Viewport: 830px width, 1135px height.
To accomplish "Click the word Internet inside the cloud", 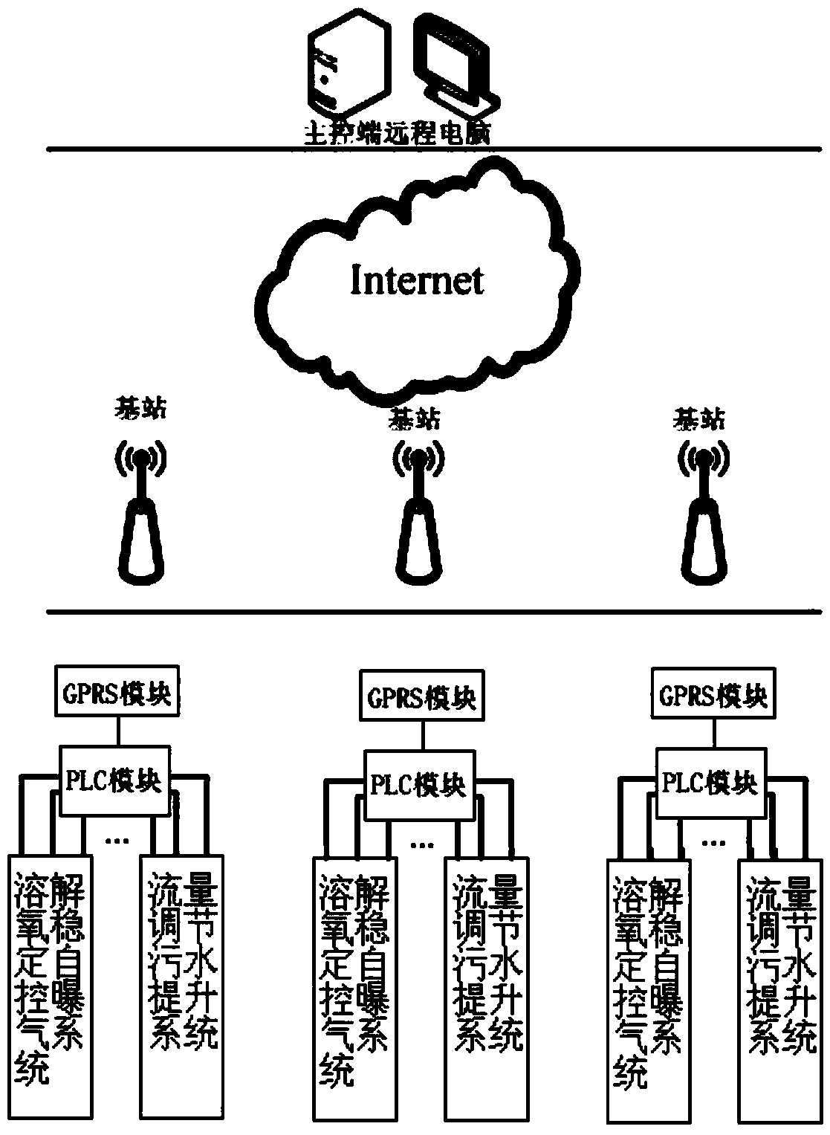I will (x=417, y=280).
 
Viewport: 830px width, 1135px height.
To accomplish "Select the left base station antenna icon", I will (x=140, y=512).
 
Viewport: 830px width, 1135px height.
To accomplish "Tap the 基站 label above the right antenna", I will (x=698, y=418).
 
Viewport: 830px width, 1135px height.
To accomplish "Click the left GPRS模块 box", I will (x=117, y=693).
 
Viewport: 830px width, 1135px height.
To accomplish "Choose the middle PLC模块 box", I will (x=416, y=785).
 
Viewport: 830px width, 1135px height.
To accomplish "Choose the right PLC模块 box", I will (x=709, y=783).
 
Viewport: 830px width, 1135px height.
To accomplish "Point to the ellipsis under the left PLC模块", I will (x=117, y=841).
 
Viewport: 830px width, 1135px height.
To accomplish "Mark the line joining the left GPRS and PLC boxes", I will (x=117, y=731).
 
